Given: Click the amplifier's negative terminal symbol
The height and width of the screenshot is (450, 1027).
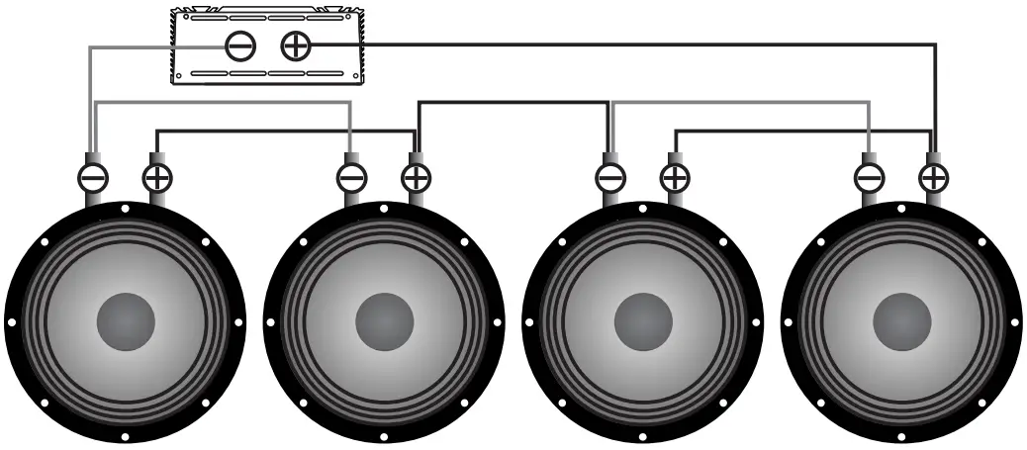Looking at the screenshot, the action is click(240, 45).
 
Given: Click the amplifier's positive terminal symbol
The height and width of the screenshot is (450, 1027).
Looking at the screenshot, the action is click(295, 45).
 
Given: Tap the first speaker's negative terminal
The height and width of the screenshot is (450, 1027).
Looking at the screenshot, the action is click(93, 178).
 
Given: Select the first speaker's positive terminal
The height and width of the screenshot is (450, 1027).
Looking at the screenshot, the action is click(157, 178).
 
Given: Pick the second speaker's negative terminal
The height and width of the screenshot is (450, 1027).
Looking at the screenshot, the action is click(351, 178).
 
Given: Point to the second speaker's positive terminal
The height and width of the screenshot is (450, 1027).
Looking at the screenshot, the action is click(416, 178).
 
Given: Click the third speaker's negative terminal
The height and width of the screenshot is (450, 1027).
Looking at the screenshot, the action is click(610, 178).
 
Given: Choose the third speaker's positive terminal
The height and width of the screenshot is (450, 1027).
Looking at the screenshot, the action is click(675, 178).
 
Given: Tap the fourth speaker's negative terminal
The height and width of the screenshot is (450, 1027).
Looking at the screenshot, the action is click(869, 178).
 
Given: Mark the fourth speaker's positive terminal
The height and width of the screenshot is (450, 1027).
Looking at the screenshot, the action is click(933, 178).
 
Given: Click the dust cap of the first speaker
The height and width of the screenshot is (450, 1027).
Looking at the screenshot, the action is click(126, 321).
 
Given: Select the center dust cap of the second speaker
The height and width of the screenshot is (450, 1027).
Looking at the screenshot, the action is click(385, 321).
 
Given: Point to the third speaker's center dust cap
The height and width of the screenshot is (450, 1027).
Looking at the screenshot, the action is click(643, 321).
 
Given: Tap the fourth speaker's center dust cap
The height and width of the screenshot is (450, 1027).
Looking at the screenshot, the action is click(901, 321).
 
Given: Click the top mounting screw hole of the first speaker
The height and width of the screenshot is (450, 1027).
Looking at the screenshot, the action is click(126, 209).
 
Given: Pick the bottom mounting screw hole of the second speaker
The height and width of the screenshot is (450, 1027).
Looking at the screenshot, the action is click(385, 436).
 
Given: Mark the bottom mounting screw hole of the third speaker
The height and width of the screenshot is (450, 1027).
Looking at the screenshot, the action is click(643, 436).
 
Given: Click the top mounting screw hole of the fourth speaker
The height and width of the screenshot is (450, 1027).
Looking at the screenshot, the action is click(901, 209).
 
